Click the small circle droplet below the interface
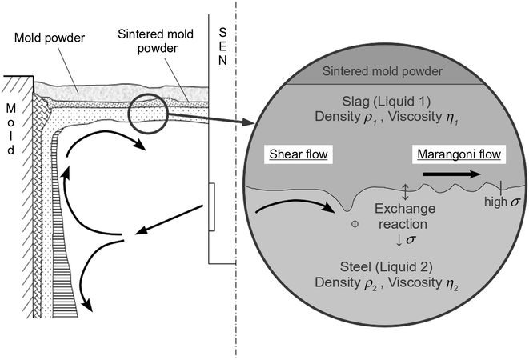pos(354,223)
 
